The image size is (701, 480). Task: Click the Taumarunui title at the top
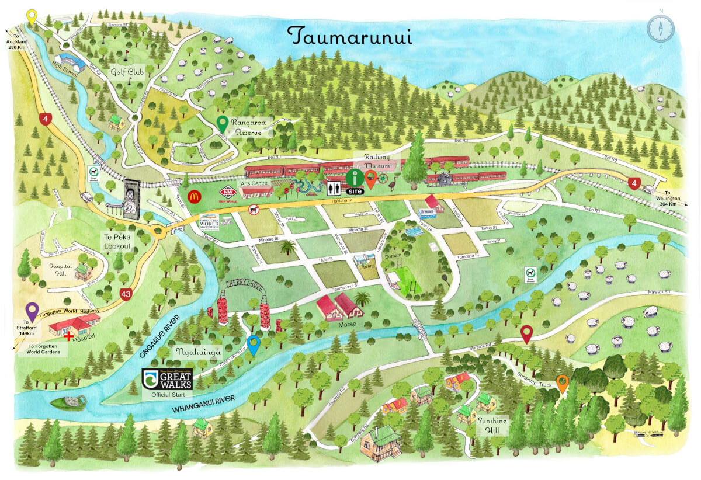coord(350,36)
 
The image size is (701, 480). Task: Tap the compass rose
coord(661,28)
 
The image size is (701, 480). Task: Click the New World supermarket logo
coord(228,193)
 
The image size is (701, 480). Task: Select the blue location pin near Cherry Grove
coord(253,345)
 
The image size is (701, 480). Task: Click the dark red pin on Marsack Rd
coord(527,333)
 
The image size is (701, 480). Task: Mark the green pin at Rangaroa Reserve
coord(222,123)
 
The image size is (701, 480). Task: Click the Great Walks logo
coord(168,380)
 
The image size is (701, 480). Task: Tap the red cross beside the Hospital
coord(70,337)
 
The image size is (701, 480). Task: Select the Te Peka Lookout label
coord(118,242)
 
